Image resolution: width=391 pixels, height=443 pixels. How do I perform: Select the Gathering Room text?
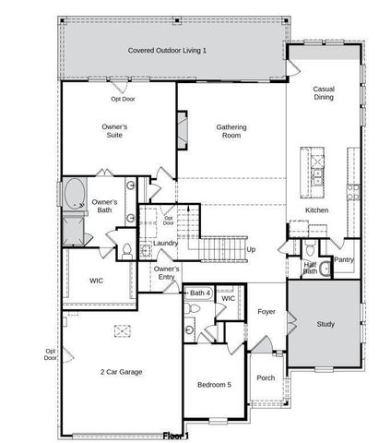coord(230,131)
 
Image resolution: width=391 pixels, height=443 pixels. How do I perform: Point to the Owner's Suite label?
coord(114,130)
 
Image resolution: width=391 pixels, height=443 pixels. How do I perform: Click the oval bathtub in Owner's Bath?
coord(73,195)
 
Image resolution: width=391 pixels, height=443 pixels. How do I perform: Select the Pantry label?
coord(343,260)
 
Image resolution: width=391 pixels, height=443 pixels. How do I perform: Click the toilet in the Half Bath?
coord(311,250)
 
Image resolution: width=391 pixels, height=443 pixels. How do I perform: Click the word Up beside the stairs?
coord(250,249)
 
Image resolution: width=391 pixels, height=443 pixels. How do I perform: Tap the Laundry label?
coord(166,243)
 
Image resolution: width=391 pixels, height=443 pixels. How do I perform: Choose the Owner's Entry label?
coord(167,271)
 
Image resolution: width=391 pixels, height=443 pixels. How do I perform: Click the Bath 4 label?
coord(200,293)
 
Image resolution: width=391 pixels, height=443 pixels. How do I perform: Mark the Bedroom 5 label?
coord(215,384)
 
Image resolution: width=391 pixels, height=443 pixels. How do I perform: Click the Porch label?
coord(266,377)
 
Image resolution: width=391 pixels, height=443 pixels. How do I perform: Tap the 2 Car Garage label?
coord(121,372)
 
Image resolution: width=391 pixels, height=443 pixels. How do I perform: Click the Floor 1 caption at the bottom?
coord(175,435)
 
